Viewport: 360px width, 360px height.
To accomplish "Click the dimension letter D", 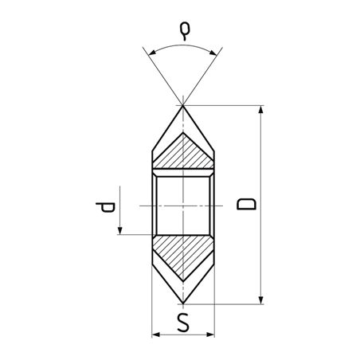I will click(x=248, y=204).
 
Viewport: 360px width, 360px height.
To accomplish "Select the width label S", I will click(x=183, y=325).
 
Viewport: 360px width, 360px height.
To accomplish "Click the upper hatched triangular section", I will click(x=183, y=155).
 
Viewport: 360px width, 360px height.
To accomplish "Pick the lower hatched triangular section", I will click(x=183, y=255).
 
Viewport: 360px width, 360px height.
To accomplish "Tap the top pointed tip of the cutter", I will click(x=183, y=106).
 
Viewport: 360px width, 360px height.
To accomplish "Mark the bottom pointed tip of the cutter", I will click(x=183, y=303).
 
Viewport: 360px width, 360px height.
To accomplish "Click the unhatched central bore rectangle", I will click(x=183, y=205).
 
